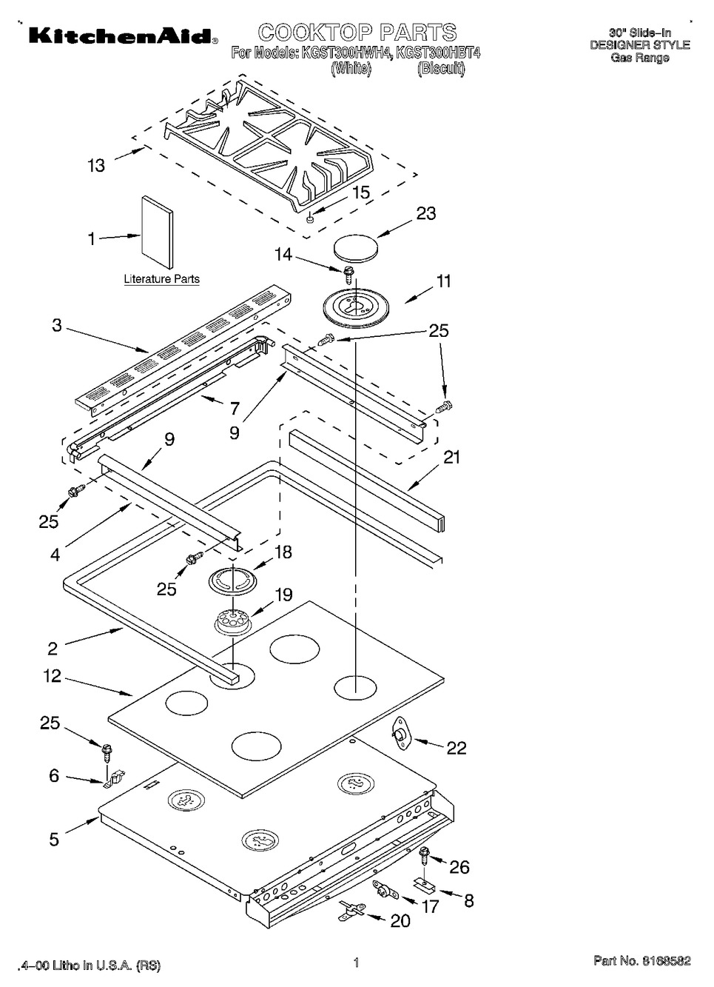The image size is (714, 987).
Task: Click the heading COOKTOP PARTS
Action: [357, 33]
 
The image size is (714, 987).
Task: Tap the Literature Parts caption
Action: [161, 279]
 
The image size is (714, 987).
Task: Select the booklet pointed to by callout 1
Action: [157, 232]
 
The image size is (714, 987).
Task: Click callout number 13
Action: [97, 165]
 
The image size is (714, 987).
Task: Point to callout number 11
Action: [443, 281]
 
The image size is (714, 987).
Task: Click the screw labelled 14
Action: [347, 273]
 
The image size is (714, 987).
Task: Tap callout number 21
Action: [451, 458]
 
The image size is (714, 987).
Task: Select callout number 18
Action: [283, 552]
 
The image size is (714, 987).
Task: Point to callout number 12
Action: [53, 676]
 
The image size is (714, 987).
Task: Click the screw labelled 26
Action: [425, 854]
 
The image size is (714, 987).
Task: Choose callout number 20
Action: [400, 920]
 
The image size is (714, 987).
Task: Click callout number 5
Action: [54, 839]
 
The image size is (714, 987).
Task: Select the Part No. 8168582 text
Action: [641, 961]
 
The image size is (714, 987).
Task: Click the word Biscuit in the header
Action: [441, 69]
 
